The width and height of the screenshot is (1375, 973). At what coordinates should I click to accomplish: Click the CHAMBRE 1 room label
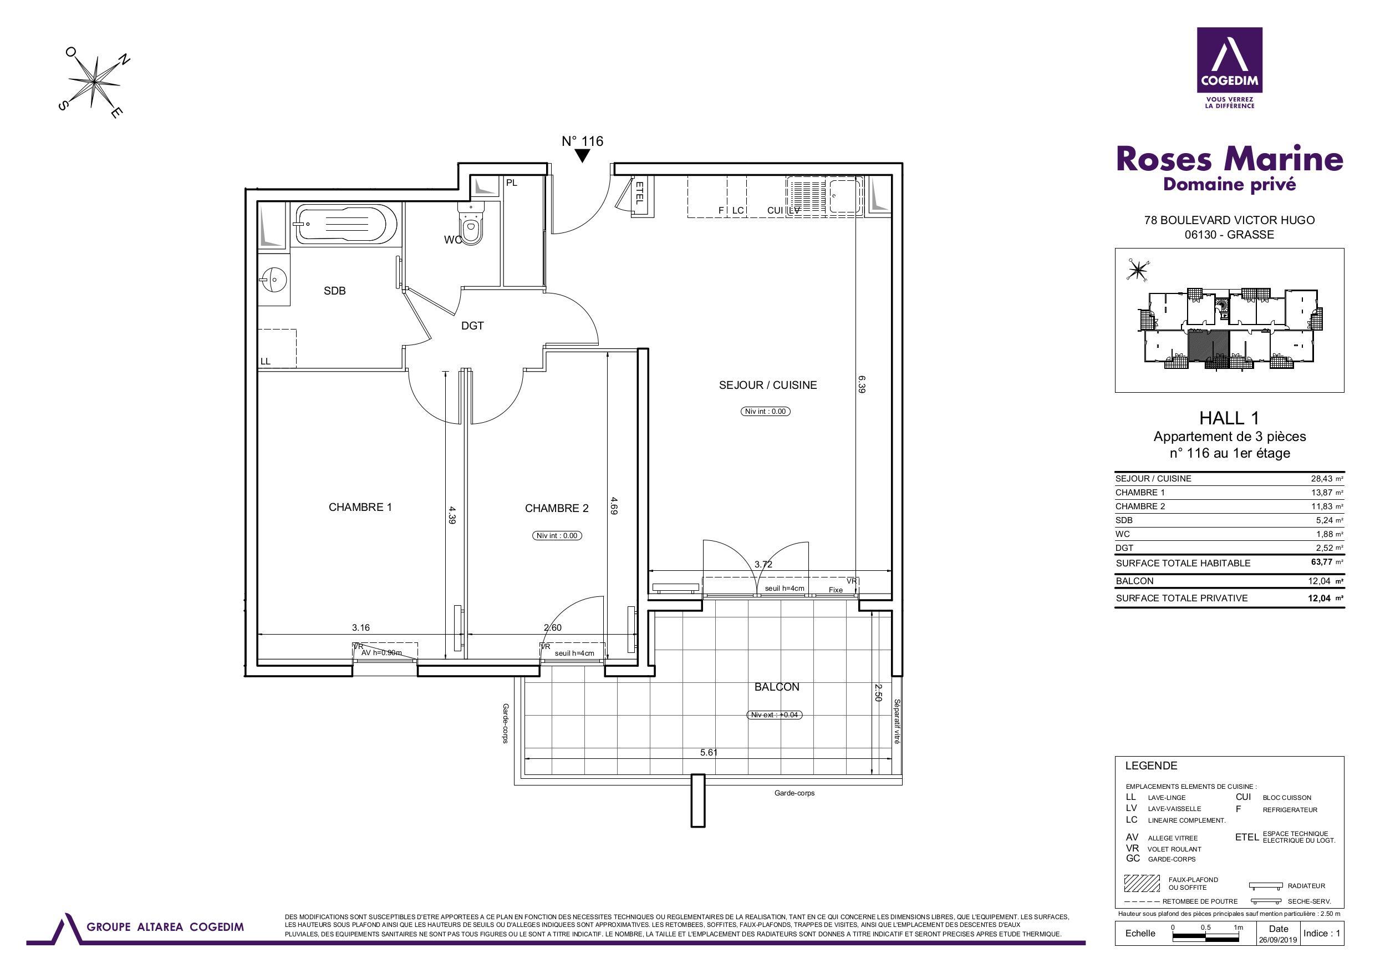[x=360, y=508]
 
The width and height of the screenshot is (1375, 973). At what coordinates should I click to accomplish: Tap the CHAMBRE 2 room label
[x=556, y=509]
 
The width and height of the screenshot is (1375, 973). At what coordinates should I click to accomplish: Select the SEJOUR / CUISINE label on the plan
[x=768, y=385]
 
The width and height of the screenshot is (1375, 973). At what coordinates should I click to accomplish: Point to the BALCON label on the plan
[x=777, y=687]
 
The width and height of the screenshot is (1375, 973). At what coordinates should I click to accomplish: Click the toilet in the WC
[x=471, y=223]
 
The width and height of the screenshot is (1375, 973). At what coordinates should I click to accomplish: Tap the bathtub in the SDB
[x=345, y=224]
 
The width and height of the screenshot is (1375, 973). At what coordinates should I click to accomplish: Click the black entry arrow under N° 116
[x=582, y=156]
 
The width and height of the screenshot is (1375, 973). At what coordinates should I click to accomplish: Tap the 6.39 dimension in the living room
[x=862, y=384]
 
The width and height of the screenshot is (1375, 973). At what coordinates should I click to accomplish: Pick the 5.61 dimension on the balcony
[x=709, y=753]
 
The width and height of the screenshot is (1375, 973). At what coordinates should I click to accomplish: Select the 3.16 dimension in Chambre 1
[x=360, y=628]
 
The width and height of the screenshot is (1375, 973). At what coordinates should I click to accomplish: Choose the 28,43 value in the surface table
[x=1322, y=479]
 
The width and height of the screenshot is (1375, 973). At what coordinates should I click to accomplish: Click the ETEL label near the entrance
[x=639, y=193]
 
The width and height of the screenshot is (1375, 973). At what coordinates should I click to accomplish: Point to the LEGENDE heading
[x=1151, y=766]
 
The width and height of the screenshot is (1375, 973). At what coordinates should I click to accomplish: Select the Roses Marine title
[x=1230, y=159]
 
